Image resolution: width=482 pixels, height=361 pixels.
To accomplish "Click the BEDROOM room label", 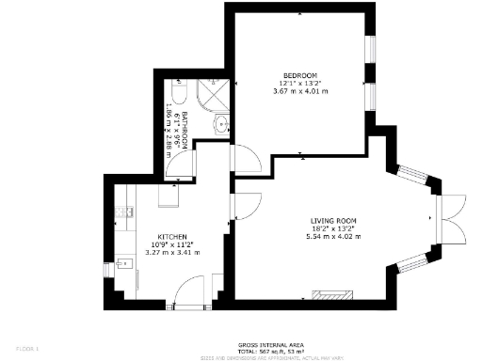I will tap(300, 75).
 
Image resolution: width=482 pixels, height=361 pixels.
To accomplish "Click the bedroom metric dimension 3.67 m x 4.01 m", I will tap(300, 91).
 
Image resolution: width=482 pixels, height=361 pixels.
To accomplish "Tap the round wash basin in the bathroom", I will tap(221, 122).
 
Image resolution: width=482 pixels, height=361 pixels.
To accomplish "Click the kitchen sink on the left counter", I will tap(122, 265).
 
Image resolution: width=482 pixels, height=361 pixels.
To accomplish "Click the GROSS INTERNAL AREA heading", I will tap(270, 344).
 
